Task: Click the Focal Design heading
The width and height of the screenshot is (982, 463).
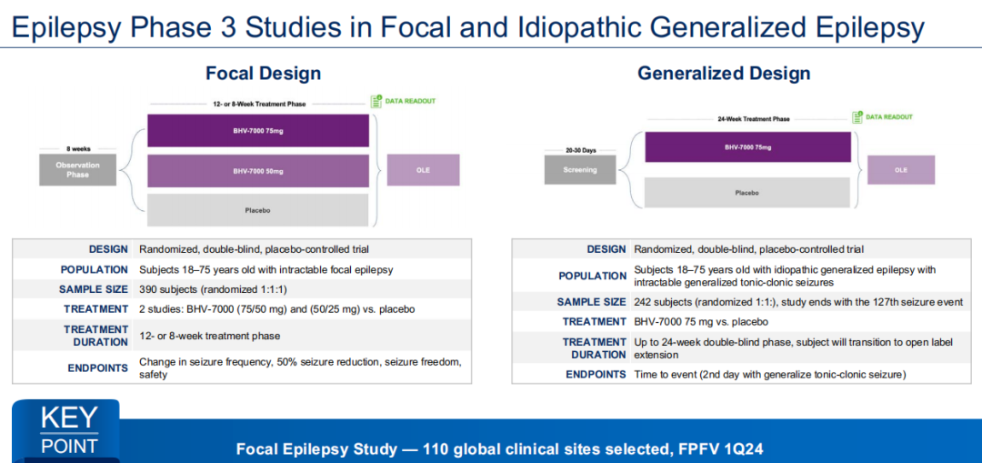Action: [x=263, y=74]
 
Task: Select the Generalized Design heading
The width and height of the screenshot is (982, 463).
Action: [x=724, y=74]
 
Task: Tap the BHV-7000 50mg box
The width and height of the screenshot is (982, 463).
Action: [x=258, y=171]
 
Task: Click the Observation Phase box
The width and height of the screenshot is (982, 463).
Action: [x=77, y=170]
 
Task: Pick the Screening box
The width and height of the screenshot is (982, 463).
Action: [x=580, y=170]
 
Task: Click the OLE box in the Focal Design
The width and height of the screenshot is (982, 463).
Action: [x=423, y=170]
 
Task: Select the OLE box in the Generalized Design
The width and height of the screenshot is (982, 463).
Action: [x=900, y=170]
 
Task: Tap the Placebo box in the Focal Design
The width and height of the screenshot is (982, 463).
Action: [x=258, y=210]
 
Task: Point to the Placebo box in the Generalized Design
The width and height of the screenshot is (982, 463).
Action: [x=747, y=193]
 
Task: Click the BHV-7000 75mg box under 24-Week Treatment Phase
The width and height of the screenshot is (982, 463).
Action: [x=747, y=147]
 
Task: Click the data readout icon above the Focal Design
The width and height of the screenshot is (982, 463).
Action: [x=376, y=101]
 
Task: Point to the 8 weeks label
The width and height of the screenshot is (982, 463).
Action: [x=77, y=148]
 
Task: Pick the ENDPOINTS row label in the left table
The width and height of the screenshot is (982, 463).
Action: [x=97, y=368]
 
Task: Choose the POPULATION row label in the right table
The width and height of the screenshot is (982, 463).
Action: [x=592, y=276]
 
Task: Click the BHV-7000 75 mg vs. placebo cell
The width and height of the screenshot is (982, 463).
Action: [x=701, y=321]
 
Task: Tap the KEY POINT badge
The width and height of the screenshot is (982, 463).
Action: [x=69, y=431]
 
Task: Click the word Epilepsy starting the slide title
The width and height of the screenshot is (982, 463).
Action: [x=64, y=27]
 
